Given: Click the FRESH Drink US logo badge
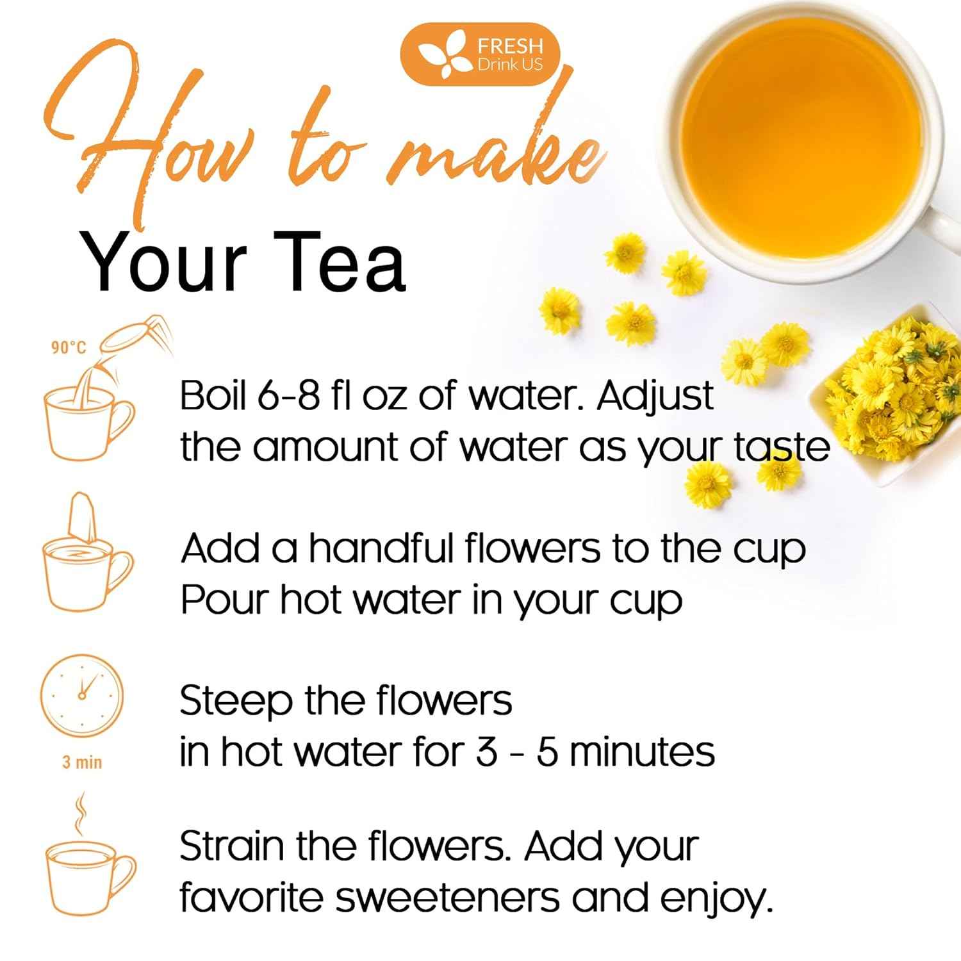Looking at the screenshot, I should [x=480, y=54].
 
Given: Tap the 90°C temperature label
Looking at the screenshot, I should [x=69, y=347].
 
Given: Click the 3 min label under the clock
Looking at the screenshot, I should [x=82, y=762].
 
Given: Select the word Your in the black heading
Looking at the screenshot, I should [x=164, y=263].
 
